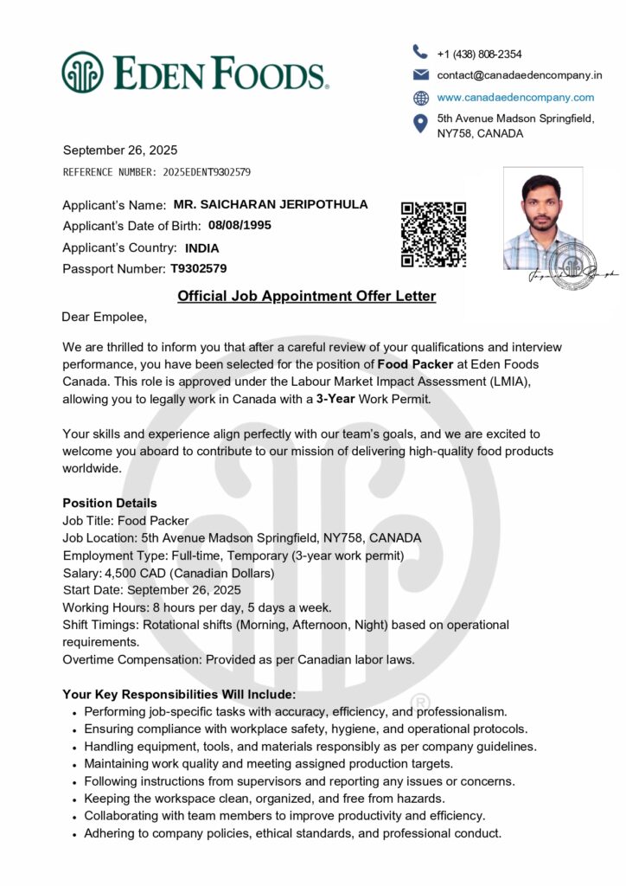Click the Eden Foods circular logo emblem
click(82, 72)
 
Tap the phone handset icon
click(421, 52)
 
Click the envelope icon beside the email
click(421, 74)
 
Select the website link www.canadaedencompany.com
click(515, 97)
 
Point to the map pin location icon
click(421, 124)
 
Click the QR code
click(433, 234)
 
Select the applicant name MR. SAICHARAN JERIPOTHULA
click(271, 205)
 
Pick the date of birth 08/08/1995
click(240, 226)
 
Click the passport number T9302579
click(199, 268)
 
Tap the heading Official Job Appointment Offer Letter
click(306, 297)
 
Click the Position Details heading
click(110, 503)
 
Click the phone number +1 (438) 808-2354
click(479, 54)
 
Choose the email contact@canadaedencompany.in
click(519, 75)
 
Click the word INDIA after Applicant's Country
click(202, 247)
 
